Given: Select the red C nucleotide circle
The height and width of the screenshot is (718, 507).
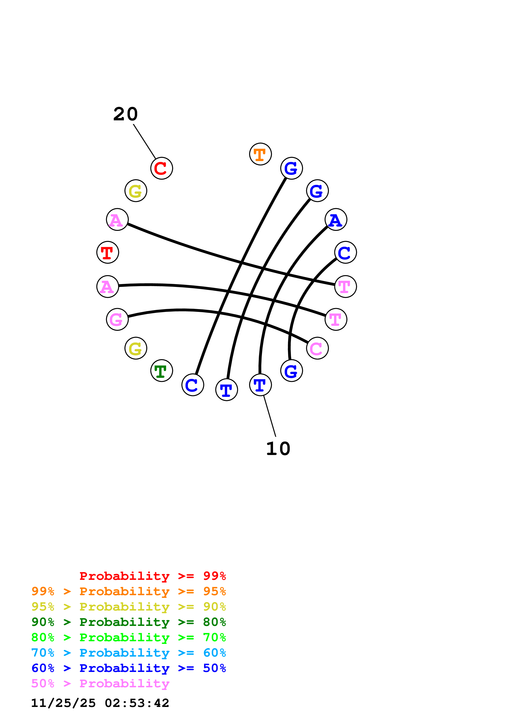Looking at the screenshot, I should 162,168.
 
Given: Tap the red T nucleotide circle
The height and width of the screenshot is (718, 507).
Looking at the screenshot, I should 108,252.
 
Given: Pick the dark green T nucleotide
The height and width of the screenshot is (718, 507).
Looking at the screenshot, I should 162,371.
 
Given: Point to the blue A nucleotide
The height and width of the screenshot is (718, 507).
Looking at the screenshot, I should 336,220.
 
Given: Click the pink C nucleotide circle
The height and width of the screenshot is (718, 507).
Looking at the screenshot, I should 317,348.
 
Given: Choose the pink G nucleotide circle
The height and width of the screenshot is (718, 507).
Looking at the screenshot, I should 117,319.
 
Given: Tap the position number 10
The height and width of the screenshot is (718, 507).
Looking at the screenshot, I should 278,449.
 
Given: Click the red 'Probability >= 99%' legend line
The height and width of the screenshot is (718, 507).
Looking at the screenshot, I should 152,576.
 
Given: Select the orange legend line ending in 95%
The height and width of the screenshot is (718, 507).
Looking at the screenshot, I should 128,591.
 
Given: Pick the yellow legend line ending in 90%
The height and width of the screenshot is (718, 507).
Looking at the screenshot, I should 128,607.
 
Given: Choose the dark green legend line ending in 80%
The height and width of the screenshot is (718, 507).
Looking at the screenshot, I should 128,622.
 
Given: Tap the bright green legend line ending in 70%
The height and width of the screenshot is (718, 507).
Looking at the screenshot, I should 128,637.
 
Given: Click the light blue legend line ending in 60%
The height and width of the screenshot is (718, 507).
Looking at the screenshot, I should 128,653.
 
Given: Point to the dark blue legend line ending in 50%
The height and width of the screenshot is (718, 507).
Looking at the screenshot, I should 128,668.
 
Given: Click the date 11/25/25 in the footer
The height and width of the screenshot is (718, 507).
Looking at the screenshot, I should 63,703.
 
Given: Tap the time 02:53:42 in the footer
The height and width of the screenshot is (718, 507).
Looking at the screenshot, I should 137,703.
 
